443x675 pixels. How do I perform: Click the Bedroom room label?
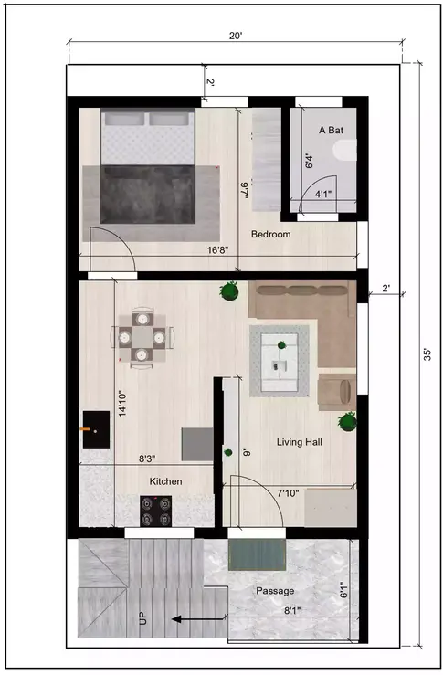click(x=271, y=235)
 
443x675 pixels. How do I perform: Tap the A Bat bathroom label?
click(x=330, y=132)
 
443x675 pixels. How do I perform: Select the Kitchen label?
click(x=166, y=481)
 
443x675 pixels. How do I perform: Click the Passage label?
click(x=274, y=590)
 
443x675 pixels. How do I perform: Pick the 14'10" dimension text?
click(x=121, y=404)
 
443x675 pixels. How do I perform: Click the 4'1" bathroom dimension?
click(x=323, y=195)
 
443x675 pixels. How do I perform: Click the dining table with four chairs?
click(x=141, y=337)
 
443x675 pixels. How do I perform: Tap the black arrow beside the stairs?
click(x=195, y=618)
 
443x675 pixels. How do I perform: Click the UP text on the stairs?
click(x=142, y=618)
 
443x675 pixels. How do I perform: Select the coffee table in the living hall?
click(x=281, y=361)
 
